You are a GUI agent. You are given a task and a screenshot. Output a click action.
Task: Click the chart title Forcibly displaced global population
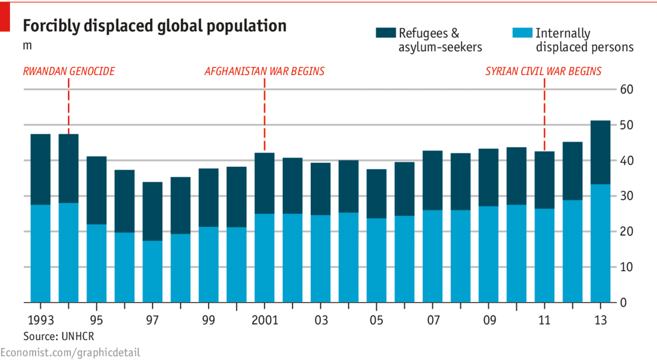[x=154, y=26]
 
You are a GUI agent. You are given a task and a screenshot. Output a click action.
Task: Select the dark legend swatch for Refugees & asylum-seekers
[x=385, y=33]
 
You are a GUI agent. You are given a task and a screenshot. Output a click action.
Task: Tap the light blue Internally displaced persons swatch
[x=522, y=33]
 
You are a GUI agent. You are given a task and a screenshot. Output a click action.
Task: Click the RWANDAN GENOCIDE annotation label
[x=69, y=71]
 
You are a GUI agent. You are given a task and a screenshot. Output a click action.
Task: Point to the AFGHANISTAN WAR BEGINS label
[x=264, y=71]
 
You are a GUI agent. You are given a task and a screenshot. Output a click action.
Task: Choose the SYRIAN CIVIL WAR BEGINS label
[x=543, y=71]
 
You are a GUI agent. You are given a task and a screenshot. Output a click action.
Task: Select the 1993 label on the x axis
[x=40, y=320]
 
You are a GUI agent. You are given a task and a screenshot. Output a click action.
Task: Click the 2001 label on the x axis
[x=265, y=320]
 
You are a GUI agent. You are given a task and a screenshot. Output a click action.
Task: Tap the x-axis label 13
[x=600, y=320]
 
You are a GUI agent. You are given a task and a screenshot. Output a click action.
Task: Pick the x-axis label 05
[x=377, y=320]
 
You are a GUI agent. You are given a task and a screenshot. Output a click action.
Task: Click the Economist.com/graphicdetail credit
[x=70, y=352]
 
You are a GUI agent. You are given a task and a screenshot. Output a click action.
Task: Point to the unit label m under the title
[x=27, y=46]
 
